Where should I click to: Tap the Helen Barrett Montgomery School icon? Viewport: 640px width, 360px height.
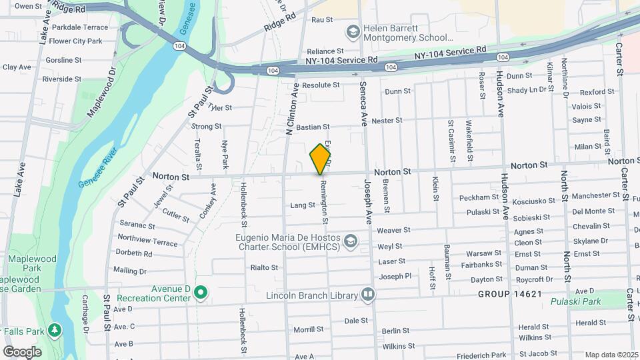[x=351, y=32]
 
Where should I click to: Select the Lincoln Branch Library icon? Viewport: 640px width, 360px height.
[x=368, y=294]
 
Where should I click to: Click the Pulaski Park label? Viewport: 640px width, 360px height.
[x=575, y=301]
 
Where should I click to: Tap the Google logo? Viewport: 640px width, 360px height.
[x=22, y=351]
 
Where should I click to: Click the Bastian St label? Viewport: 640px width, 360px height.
[x=313, y=127]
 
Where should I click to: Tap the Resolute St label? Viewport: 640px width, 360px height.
[x=321, y=85]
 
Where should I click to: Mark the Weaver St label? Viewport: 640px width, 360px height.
[x=393, y=230]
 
